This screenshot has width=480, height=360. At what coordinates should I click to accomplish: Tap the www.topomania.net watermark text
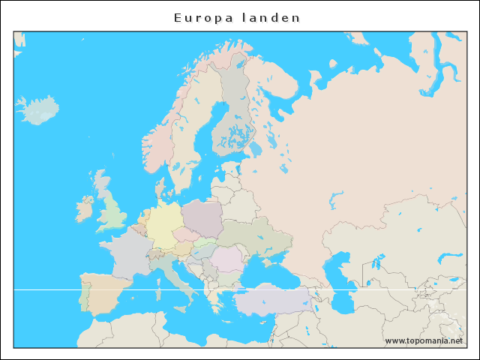click(x=424, y=340)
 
